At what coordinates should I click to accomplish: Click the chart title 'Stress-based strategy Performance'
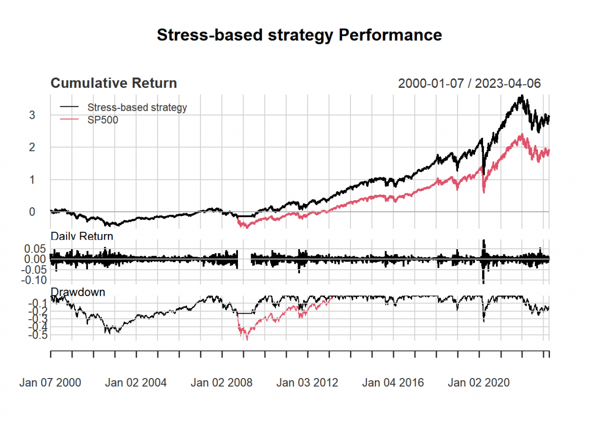(x=299, y=35)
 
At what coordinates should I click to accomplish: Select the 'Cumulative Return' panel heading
(x=114, y=83)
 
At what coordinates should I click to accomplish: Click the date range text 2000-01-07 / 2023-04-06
(x=469, y=83)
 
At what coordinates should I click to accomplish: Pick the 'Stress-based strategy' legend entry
(x=137, y=107)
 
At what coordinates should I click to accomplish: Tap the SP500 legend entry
(x=102, y=120)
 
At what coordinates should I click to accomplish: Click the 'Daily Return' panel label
(x=82, y=236)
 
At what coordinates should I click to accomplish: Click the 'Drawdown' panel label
(x=78, y=292)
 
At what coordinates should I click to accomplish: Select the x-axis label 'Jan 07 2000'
(x=50, y=383)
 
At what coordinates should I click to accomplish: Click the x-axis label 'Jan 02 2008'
(x=221, y=383)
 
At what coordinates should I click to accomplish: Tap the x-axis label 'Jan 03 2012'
(x=307, y=383)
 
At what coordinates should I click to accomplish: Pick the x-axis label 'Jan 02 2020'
(x=478, y=383)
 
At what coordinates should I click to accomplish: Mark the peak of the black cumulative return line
(x=521, y=95)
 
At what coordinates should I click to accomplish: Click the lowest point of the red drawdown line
(x=246, y=339)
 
